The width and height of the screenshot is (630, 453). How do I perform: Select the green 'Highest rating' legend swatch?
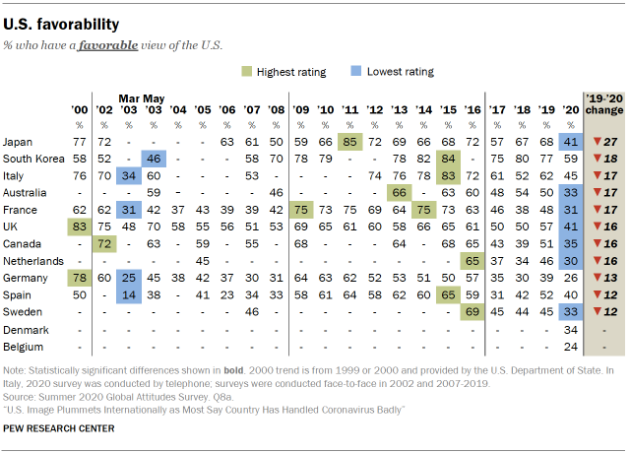(249, 72)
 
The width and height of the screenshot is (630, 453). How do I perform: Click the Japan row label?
(19, 142)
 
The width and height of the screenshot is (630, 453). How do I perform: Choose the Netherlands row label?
(31, 260)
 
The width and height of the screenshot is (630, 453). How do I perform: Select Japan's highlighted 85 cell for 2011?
(349, 142)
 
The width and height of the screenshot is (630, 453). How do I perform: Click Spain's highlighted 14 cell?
(127, 294)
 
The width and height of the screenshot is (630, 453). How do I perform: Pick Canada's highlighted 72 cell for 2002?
(103, 243)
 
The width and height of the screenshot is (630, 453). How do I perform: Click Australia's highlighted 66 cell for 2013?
(400, 192)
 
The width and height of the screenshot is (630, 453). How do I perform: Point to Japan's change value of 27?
(603, 142)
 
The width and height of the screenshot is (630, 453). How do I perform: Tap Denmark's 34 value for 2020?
(569, 328)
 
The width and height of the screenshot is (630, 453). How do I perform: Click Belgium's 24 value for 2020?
(569, 345)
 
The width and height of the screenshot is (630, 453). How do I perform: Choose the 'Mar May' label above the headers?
(140, 98)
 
